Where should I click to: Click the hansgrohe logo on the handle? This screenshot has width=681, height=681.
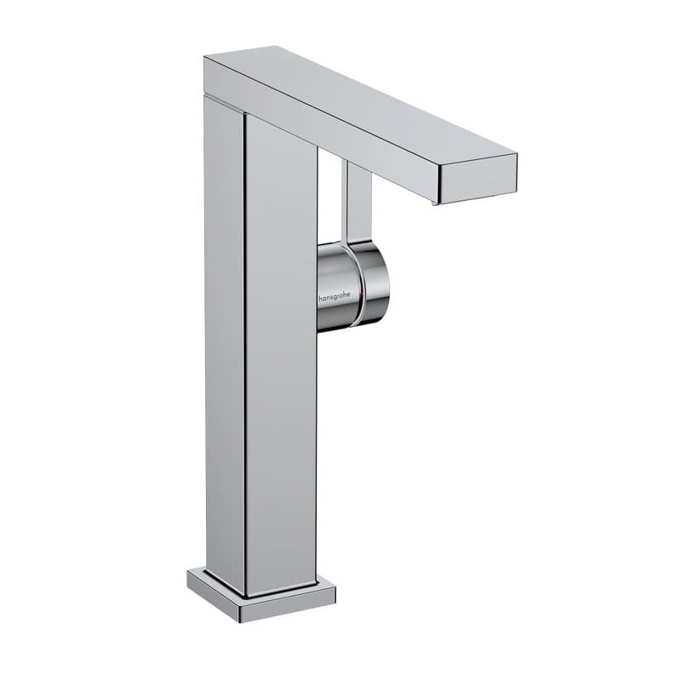339,299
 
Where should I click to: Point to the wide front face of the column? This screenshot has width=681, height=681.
281,358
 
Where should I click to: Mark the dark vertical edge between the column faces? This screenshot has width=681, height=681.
244,358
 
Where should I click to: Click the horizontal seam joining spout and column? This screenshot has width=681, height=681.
226,100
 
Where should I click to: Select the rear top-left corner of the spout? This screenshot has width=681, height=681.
205,58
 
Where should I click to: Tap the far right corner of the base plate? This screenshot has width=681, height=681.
335,585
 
